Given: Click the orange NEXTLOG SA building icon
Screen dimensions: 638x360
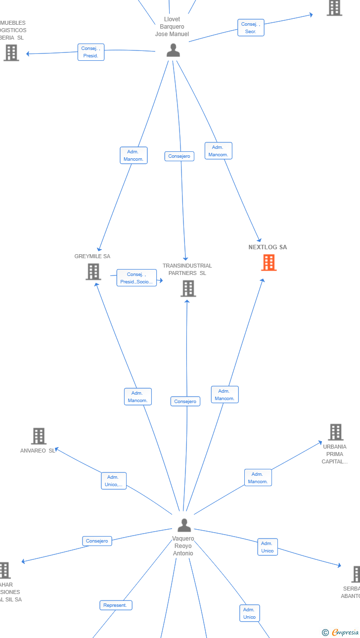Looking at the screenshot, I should [x=269, y=263].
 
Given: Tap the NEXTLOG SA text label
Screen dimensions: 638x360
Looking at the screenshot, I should [x=268, y=247].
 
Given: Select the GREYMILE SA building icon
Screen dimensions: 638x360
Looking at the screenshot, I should [x=93, y=272].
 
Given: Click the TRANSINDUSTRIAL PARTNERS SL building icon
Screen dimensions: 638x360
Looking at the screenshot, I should [x=188, y=288].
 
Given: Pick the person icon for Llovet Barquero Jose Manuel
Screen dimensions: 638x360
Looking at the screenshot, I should [x=173, y=50].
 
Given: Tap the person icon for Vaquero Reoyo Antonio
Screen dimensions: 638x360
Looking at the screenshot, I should [x=184, y=525].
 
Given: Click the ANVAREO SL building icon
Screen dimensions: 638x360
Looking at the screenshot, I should [x=39, y=436].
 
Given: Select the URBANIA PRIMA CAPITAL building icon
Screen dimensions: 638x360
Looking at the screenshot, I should [x=335, y=432].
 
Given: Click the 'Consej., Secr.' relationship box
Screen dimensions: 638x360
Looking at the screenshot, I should [x=251, y=28].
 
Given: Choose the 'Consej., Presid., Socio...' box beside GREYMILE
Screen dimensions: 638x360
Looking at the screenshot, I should [x=136, y=278].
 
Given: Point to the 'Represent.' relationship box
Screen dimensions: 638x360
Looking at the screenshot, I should [x=115, y=605].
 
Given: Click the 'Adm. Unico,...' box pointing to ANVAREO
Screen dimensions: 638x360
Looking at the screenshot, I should [x=114, y=481].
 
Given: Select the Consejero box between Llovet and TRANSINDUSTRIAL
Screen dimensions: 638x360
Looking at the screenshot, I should [x=179, y=156].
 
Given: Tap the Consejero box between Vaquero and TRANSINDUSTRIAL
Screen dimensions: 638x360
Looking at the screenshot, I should [x=185, y=402].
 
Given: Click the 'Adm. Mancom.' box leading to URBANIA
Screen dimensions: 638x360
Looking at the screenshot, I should [x=258, y=478].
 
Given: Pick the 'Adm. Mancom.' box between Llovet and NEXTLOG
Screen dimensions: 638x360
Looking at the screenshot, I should [x=218, y=151].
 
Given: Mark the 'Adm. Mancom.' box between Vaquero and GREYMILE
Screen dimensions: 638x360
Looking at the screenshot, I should [x=137, y=397].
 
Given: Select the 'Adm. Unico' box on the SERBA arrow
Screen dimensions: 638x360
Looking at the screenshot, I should [x=268, y=547].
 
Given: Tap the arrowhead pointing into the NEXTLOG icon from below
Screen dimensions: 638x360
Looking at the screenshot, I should [x=263, y=280].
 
